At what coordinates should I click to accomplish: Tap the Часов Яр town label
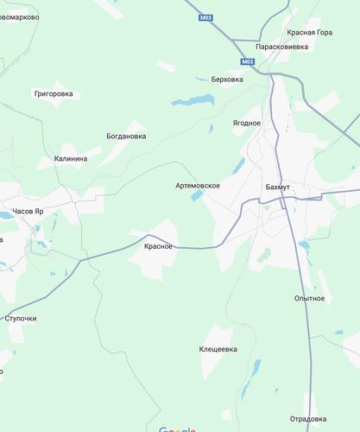pyautogui.click(x=28, y=211)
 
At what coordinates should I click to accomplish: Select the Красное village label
pyautogui.click(x=158, y=246)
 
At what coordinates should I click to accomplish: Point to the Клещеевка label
pyautogui.click(x=218, y=349)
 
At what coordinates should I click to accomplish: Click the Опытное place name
pyautogui.click(x=309, y=298)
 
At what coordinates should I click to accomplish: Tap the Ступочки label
pyautogui.click(x=21, y=318)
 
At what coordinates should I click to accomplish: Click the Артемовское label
pyautogui.click(x=198, y=185)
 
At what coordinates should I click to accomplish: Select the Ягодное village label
pyautogui.click(x=246, y=123)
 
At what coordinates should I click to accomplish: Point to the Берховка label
pyautogui.click(x=227, y=79)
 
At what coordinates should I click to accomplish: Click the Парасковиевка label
pyautogui.click(x=281, y=46)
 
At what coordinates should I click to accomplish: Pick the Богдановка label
pyautogui.click(x=126, y=136)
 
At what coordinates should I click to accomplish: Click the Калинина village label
pyautogui.click(x=70, y=158)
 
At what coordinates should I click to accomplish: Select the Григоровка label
pyautogui.click(x=53, y=93)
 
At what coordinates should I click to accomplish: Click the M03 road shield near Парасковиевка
pyautogui.click(x=248, y=61)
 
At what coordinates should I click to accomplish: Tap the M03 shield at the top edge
pyautogui.click(x=205, y=18)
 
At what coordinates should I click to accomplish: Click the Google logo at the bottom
pyautogui.click(x=178, y=429)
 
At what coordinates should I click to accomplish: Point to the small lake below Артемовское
pyautogui.click(x=198, y=197)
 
